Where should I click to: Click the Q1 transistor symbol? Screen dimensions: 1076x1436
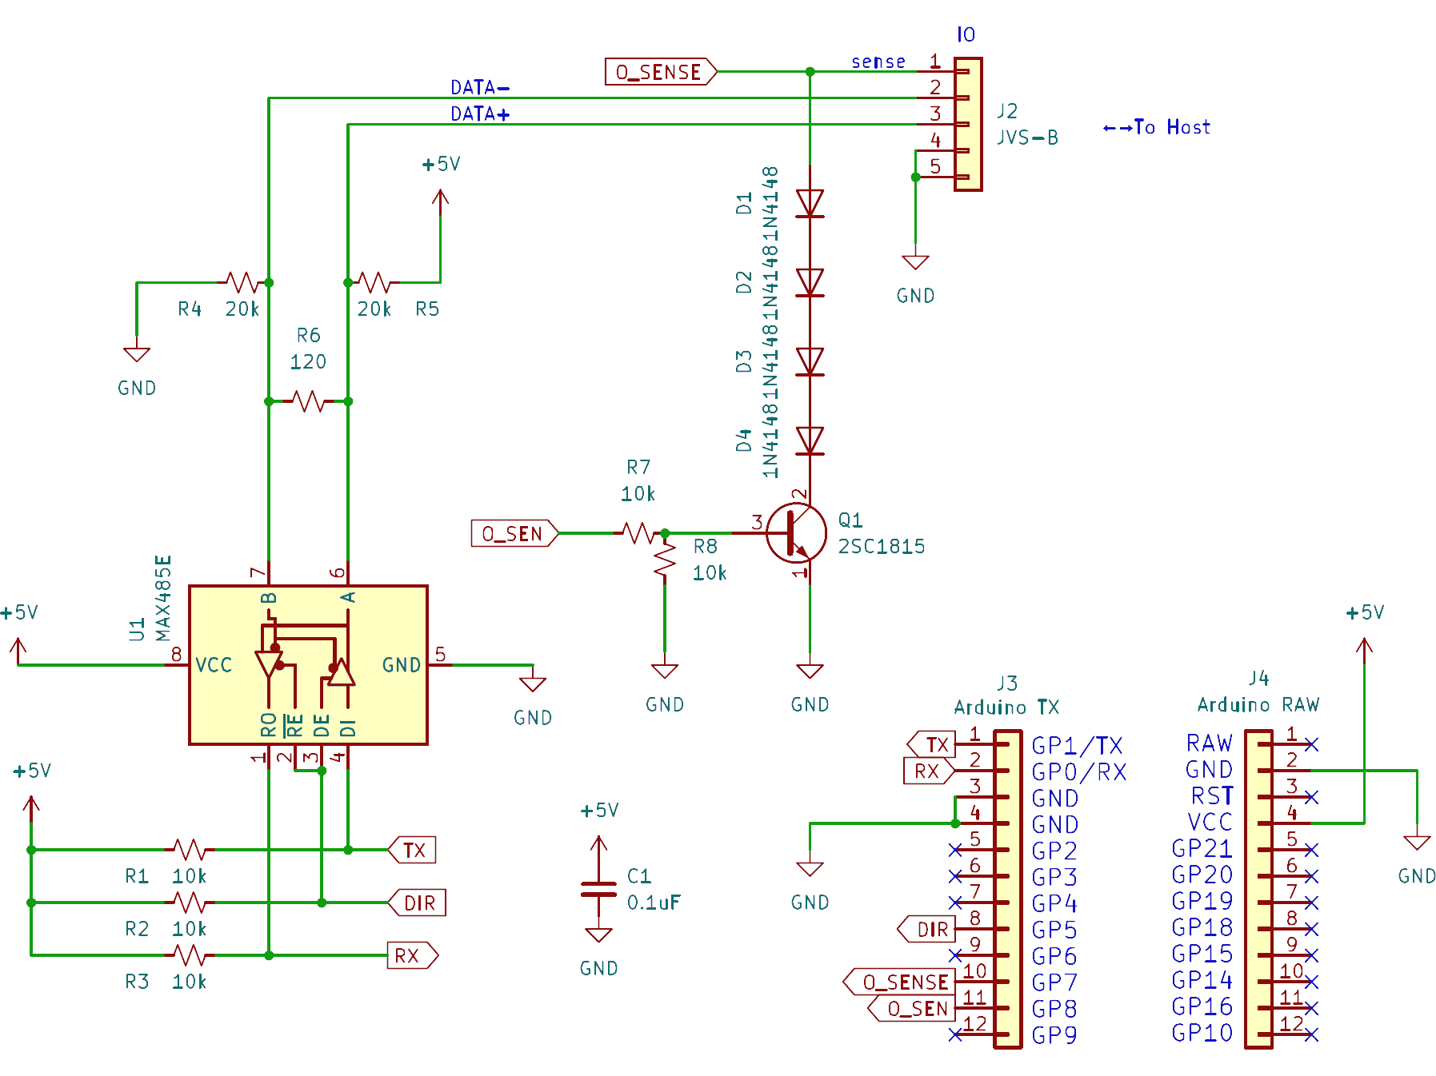pyautogui.click(x=796, y=533)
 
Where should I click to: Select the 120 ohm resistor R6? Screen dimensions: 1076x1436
pyautogui.click(x=308, y=401)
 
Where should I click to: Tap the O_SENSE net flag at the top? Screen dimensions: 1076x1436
pyautogui.click(x=660, y=72)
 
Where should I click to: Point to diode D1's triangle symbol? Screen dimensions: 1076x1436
pyautogui.click(x=810, y=203)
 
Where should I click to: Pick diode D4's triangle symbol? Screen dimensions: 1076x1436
pyautogui.click(x=810, y=440)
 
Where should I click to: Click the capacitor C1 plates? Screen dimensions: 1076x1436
pyautogui.click(x=598, y=889)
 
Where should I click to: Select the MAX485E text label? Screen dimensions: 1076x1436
pyautogui.click(x=163, y=598)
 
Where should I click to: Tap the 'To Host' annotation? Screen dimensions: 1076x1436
pyautogui.click(x=1157, y=127)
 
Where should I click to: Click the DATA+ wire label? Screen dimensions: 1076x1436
pyautogui.click(x=480, y=114)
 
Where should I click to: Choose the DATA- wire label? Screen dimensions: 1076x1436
pyautogui.click(x=480, y=87)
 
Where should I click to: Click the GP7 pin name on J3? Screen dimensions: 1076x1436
pyautogui.click(x=1054, y=982)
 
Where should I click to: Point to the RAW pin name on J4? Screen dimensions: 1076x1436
pyautogui.click(x=1209, y=743)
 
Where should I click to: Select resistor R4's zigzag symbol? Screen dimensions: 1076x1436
pyautogui.click(x=242, y=282)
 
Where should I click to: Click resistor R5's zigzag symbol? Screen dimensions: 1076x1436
pyautogui.click(x=374, y=282)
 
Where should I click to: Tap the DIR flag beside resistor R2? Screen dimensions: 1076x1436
pyautogui.click(x=418, y=903)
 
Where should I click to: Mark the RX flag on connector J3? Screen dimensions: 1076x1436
pyautogui.click(x=928, y=771)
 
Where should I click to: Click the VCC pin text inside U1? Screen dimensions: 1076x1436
pyautogui.click(x=214, y=665)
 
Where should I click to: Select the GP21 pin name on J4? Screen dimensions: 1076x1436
pyautogui.click(x=1202, y=848)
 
